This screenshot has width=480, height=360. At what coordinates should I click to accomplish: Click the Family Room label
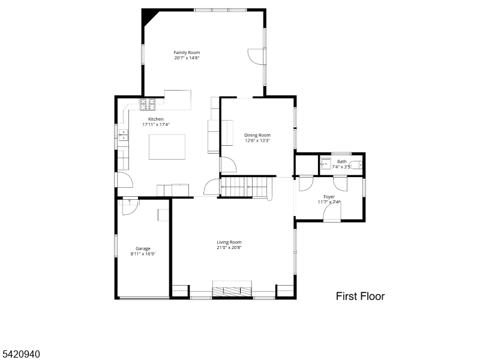[x=187, y=53]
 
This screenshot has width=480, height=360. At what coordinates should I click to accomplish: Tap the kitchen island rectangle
[x=167, y=147]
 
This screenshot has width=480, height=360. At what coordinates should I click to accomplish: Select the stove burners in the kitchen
[x=148, y=104]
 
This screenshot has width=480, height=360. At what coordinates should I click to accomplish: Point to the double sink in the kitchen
[x=123, y=136]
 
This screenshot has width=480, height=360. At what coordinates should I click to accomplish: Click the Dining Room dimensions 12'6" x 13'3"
[x=257, y=140]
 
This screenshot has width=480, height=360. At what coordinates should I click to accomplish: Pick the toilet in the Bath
[x=356, y=164]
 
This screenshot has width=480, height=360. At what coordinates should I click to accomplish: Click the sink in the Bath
[x=325, y=164]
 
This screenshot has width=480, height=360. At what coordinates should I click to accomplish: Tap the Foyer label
[x=329, y=197]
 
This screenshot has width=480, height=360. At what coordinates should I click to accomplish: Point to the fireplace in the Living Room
[x=232, y=290]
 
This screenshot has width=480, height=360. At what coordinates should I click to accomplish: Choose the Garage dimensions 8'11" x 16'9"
[x=143, y=254]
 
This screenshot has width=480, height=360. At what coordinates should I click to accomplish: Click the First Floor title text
[x=359, y=296]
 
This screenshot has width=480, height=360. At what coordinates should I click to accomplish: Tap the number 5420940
[x=21, y=355]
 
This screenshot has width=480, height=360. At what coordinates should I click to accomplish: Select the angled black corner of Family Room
[x=146, y=15]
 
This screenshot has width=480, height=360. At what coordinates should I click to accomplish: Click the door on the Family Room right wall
[x=256, y=56]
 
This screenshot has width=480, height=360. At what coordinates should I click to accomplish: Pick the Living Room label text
[x=229, y=242]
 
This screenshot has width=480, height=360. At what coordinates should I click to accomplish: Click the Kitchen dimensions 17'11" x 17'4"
[x=156, y=124]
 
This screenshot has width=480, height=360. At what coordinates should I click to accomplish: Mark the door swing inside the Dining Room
[x=228, y=164]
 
